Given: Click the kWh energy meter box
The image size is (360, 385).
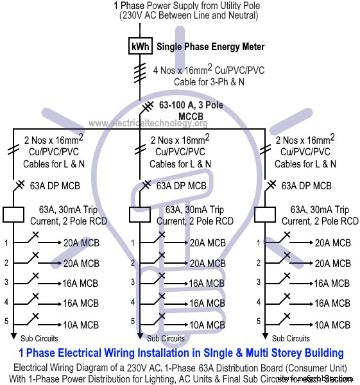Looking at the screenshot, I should (x=141, y=47).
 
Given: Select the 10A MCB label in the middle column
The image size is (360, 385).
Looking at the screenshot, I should (x=207, y=325).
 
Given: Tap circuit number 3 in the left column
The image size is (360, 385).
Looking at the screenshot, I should (x=6, y=283).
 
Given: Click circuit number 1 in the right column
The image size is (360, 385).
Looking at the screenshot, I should (x=257, y=243).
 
